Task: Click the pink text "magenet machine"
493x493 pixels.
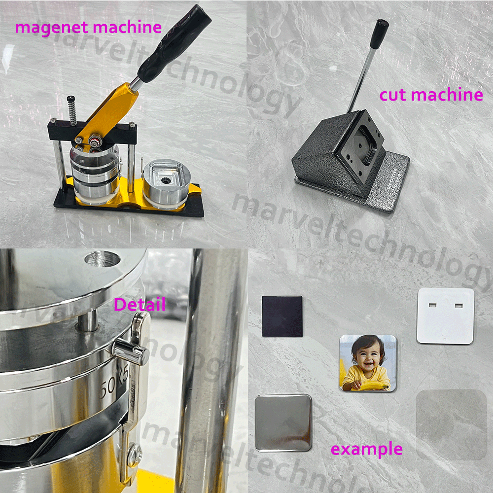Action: coord(88,27)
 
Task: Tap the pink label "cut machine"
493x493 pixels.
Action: coord(431,94)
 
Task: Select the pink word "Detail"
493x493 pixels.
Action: coord(140,304)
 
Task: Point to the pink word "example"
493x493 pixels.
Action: coord(366,449)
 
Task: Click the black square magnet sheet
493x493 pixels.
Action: coord(282,317)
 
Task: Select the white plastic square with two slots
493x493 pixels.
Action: coord(446,316)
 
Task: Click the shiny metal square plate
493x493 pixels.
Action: coord(283,423)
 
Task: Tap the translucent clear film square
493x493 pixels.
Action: coord(451,424)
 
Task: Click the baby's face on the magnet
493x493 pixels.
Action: coord(367,355)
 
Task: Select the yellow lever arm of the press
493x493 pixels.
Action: coord(111,113)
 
